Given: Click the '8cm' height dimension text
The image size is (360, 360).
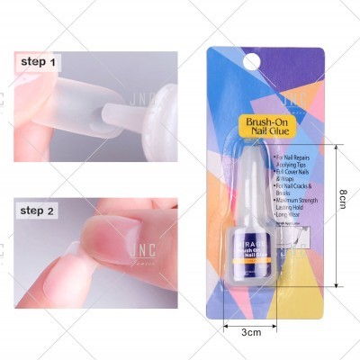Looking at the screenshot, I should (344, 221).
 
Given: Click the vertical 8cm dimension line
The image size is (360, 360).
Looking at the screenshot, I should (335, 220).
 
